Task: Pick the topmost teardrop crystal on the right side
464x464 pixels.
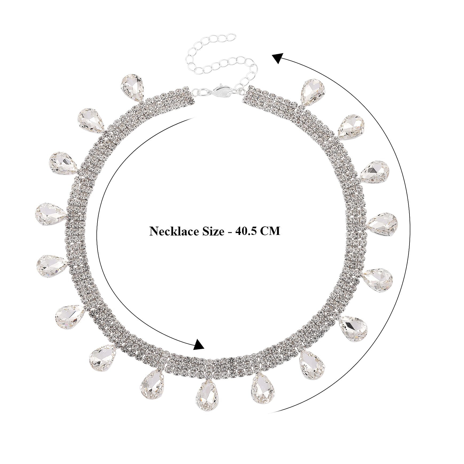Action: [312, 92]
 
